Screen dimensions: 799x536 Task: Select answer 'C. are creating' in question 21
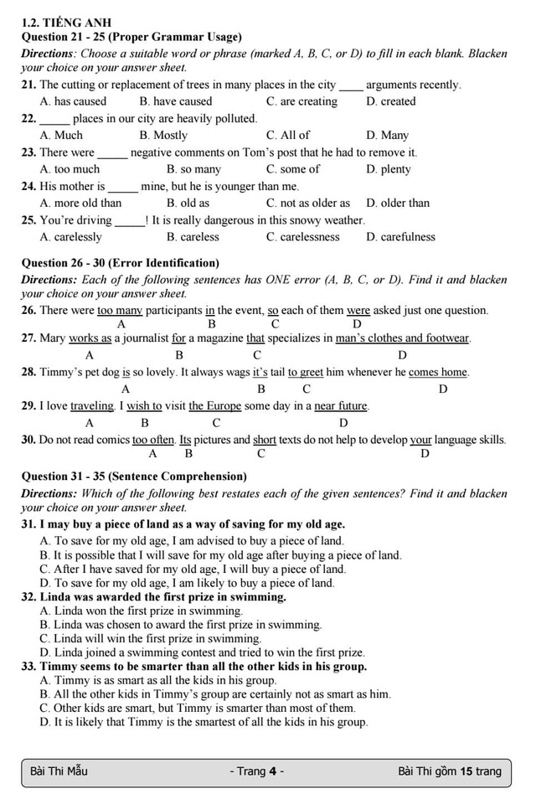(x=301, y=101)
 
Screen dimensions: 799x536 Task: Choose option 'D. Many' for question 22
(x=387, y=135)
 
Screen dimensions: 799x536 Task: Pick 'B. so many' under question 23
(x=193, y=169)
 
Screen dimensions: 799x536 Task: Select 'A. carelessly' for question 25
(x=70, y=237)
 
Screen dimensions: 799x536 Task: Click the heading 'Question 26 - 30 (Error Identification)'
(x=120, y=263)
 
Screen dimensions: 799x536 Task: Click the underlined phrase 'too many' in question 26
(x=120, y=311)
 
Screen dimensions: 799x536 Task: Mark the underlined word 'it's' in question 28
(x=260, y=372)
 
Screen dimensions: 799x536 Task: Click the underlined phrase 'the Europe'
(x=215, y=406)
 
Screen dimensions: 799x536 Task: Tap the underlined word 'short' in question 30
(x=265, y=440)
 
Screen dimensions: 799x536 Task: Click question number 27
(x=28, y=338)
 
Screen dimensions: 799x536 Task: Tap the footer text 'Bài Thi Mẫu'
(x=59, y=771)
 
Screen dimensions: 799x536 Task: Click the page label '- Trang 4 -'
(x=256, y=771)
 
